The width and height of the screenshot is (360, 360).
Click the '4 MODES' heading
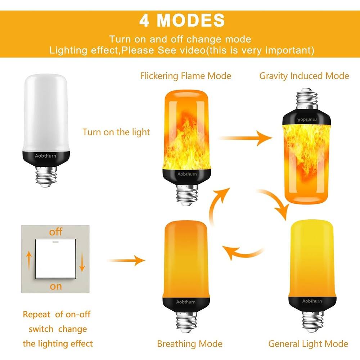182,20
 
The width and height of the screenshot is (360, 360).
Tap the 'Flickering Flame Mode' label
185,76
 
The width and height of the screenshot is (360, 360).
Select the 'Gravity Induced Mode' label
304,76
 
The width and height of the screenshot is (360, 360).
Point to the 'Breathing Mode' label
190,344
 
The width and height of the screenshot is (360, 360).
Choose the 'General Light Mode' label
308,344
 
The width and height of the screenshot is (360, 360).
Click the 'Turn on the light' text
116,132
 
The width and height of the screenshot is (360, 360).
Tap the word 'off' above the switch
55,231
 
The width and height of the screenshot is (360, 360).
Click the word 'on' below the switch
56,287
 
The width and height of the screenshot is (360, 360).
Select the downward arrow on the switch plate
82,262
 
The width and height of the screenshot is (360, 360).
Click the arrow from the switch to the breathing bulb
126,261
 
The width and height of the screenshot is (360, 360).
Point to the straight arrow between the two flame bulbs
245,138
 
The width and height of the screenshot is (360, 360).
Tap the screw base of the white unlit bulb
46,176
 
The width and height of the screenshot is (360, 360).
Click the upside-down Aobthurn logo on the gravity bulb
307,120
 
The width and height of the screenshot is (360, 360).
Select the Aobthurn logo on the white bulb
45,156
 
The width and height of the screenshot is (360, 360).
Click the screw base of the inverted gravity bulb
306,98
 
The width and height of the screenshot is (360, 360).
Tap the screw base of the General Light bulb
312,321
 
